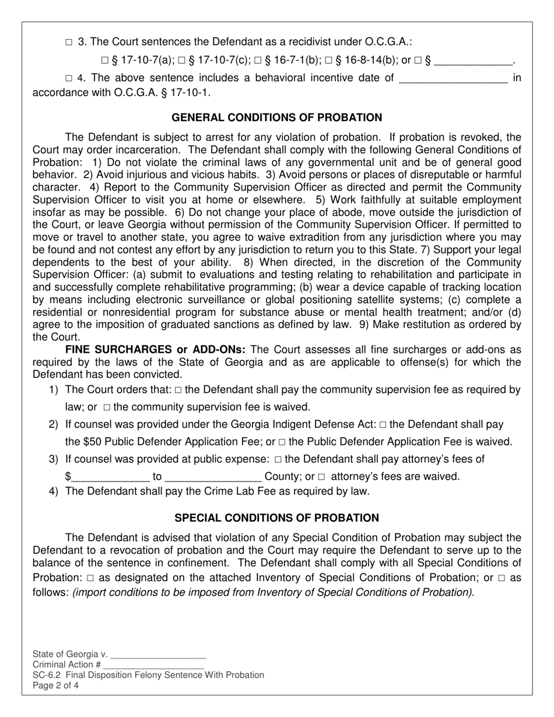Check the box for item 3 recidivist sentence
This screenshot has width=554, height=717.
[x=69, y=43]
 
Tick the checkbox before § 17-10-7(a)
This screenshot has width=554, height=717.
[x=104, y=60]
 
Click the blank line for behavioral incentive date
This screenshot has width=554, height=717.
[x=453, y=78]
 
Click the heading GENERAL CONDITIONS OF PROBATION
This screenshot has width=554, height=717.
[x=277, y=118]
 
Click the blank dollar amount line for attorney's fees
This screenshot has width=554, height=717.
[x=110, y=477]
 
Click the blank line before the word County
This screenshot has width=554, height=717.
[x=213, y=477]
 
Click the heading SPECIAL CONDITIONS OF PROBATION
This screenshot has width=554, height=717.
[x=277, y=518]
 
